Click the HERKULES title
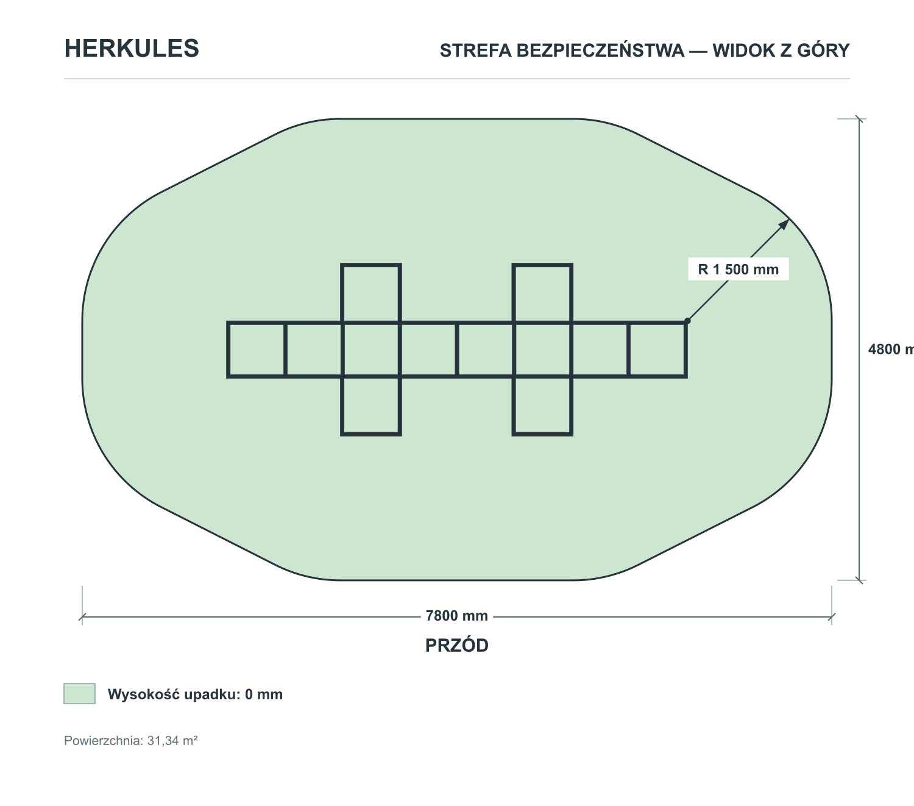click(x=131, y=48)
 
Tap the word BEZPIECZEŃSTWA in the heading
click(x=600, y=50)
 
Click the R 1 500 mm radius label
click(x=738, y=269)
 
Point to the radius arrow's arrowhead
click(x=784, y=224)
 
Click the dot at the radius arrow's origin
click(x=687, y=321)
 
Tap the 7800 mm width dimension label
click(x=456, y=616)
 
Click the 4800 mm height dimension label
click(x=891, y=349)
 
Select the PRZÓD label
click(x=456, y=646)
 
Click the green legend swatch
click(x=79, y=694)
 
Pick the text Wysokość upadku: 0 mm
click(x=196, y=694)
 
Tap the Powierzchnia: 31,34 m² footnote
click(x=131, y=741)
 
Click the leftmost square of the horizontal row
click(x=257, y=349)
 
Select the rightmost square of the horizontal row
click(x=657, y=349)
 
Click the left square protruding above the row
click(x=371, y=293)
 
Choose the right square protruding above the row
click(x=542, y=293)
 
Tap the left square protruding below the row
click(x=371, y=405)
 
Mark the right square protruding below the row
click(x=542, y=405)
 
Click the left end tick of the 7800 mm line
click(x=82, y=617)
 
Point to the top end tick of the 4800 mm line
click(x=859, y=119)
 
